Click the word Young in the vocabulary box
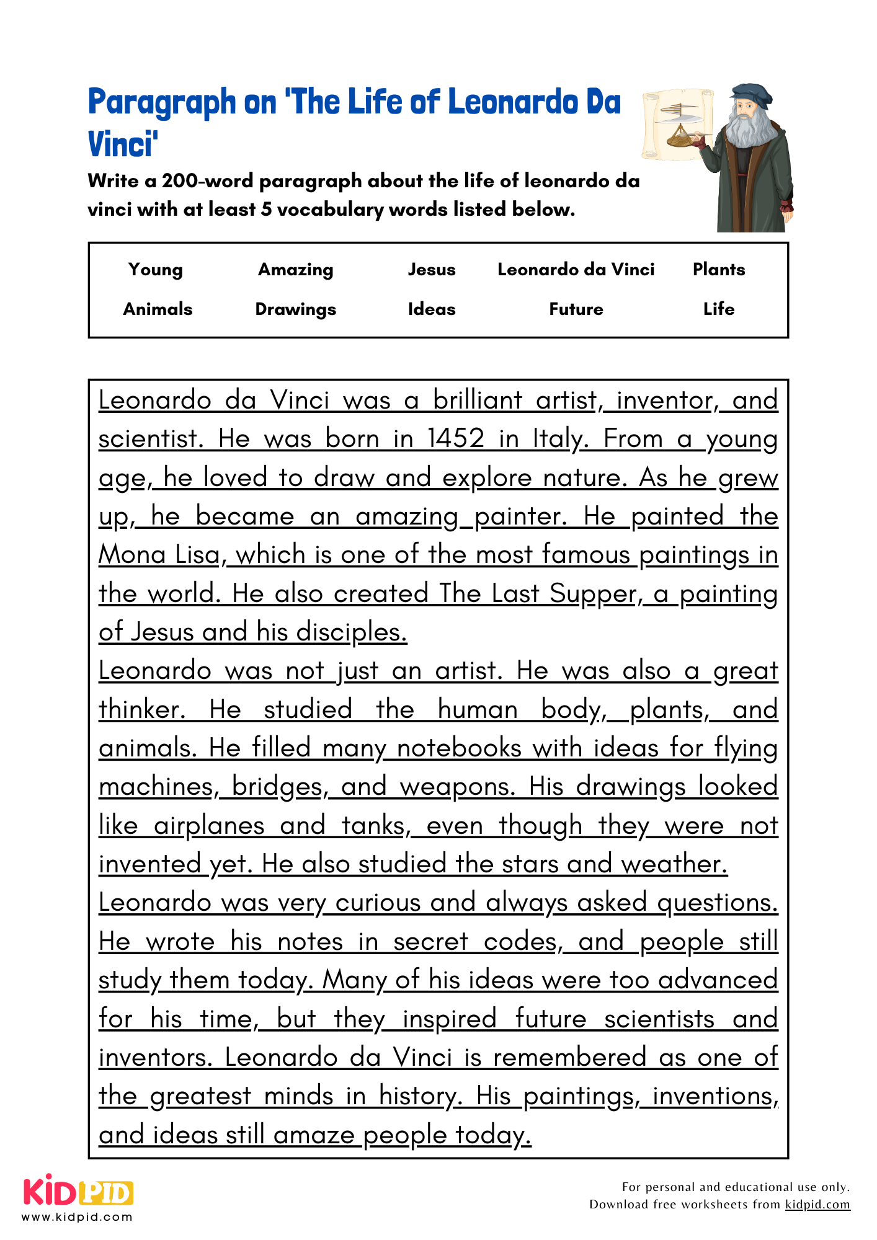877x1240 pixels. tap(156, 270)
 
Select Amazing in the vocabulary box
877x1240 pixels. tap(296, 270)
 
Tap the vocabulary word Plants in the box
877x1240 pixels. tap(719, 269)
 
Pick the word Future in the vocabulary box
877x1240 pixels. tap(576, 309)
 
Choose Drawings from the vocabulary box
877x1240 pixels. tap(296, 309)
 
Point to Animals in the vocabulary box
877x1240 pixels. tap(158, 309)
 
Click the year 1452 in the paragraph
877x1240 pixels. tap(456, 439)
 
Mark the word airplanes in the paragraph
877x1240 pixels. tap(209, 826)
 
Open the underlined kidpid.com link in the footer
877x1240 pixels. tap(817, 1204)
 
